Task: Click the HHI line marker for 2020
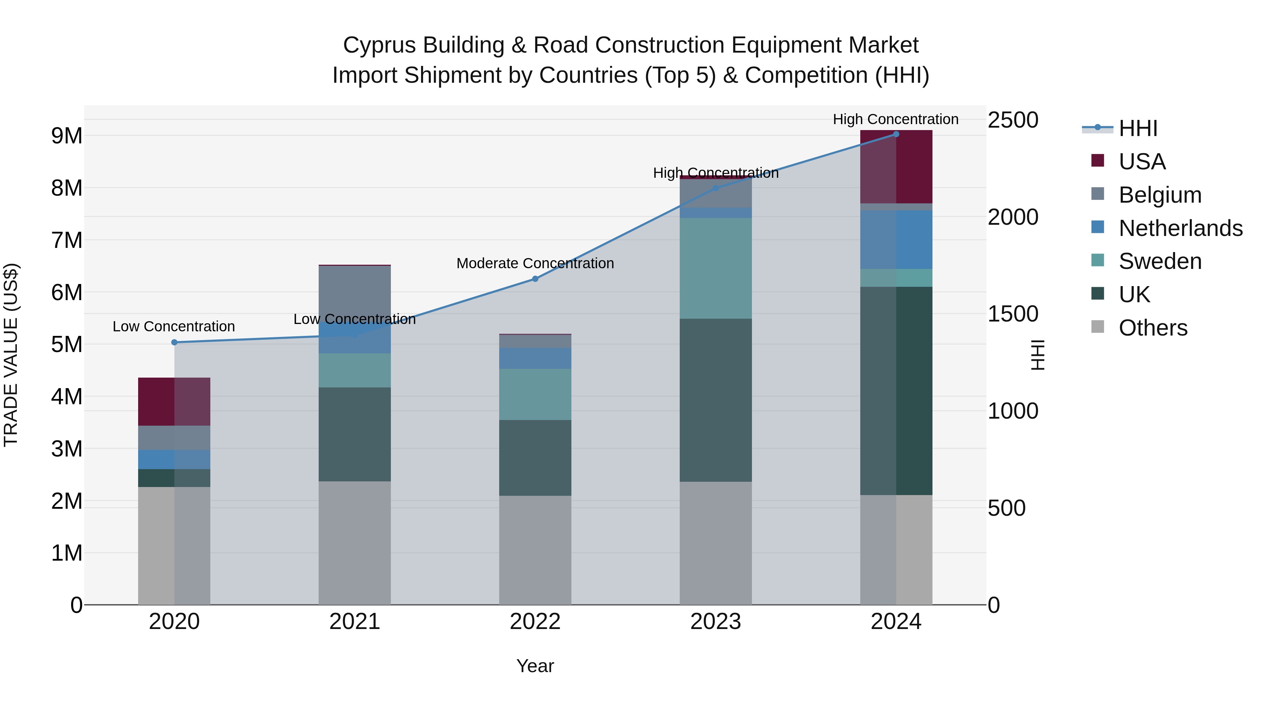175,343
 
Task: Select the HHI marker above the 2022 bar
535,279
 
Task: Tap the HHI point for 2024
896,134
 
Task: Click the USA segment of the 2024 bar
896,167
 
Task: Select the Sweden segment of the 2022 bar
535,394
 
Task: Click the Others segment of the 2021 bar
355,543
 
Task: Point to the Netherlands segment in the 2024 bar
896,239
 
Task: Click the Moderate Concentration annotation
535,264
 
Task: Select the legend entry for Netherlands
1180,228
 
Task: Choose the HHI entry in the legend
1138,128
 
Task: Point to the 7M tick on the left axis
67,241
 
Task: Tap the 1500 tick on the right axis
1012,314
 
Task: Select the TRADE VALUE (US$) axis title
11,355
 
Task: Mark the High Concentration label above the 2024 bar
896,120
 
